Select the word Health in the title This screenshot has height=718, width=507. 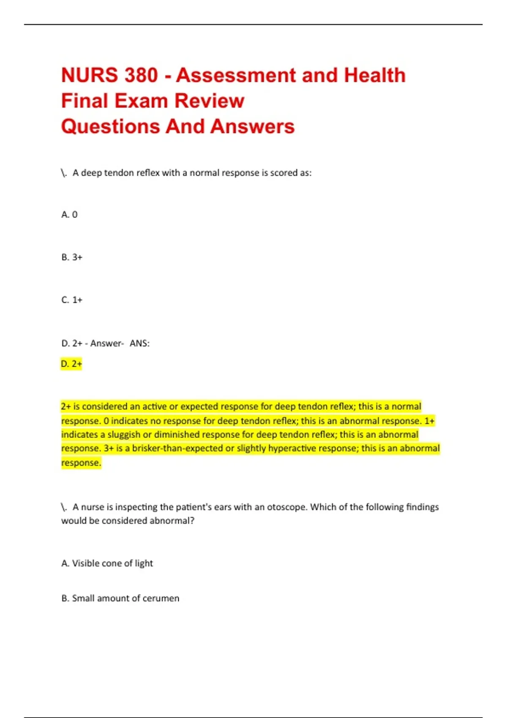coord(374,75)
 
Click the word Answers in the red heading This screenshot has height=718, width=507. coord(252,126)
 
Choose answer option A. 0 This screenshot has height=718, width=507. coord(69,215)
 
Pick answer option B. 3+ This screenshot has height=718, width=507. coord(72,257)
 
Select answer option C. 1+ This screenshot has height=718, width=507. coord(72,300)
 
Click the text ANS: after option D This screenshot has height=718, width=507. coord(139,343)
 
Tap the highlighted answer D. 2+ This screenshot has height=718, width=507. coord(71,364)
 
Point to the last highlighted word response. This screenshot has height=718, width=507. coord(81,463)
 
